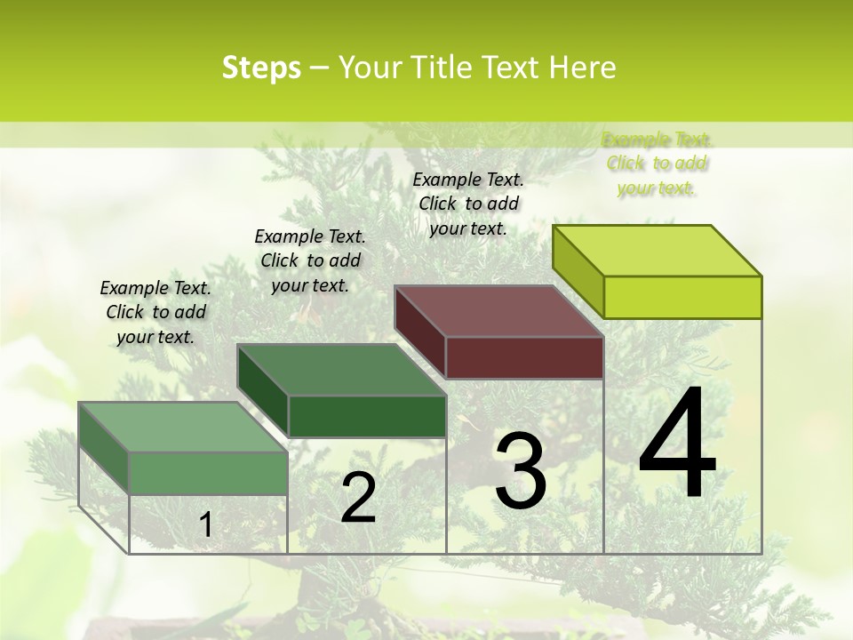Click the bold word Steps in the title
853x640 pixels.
[x=261, y=68]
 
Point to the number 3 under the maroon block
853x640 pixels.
[x=521, y=471]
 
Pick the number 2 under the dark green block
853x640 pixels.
[x=358, y=498]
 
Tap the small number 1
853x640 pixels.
[x=205, y=525]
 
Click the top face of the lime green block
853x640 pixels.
[x=658, y=251]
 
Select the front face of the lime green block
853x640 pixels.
[x=682, y=297]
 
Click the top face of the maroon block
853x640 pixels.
[x=499, y=311]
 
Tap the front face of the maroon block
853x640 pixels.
[x=524, y=357]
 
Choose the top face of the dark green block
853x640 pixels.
[x=341, y=370]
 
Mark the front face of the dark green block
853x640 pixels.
[x=367, y=416]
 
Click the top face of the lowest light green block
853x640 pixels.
[x=183, y=427]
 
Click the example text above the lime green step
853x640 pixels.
[x=657, y=164]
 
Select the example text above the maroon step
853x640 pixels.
[x=468, y=204]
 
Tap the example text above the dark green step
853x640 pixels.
[x=310, y=260]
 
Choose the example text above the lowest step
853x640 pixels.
[x=155, y=312]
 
